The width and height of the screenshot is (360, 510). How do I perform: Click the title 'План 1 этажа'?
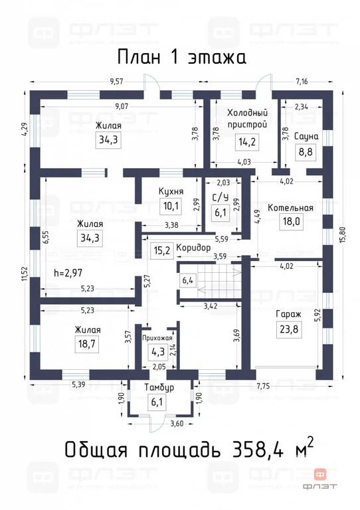click(x=181, y=56)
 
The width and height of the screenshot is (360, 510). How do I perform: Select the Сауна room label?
click(x=306, y=136)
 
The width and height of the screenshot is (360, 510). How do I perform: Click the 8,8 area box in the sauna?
click(x=306, y=152)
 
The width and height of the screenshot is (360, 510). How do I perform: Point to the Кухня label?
click(x=171, y=192)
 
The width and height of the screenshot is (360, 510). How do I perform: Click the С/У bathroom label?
click(x=221, y=197)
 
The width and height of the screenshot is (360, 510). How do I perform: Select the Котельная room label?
click(x=290, y=207)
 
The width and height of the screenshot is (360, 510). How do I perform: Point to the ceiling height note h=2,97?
click(x=69, y=272)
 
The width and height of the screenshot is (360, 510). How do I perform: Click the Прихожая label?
click(x=157, y=338)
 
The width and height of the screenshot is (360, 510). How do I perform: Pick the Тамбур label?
click(x=159, y=387)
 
